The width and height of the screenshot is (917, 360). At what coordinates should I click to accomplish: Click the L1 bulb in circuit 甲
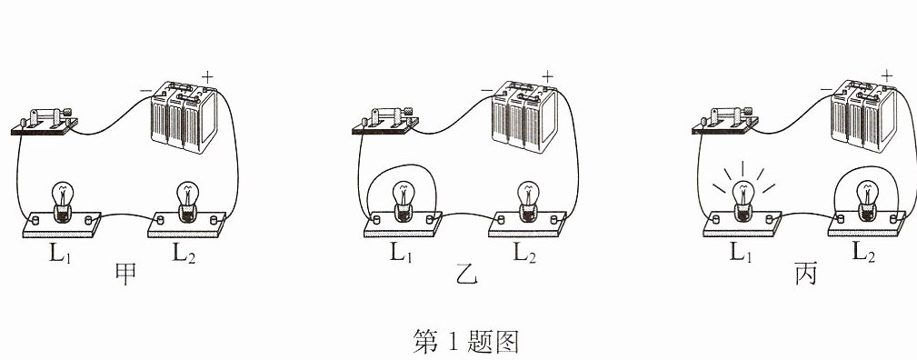point(62,202)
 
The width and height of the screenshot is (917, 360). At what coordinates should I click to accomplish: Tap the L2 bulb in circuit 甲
point(187,202)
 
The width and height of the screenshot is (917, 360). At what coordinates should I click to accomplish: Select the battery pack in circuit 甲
point(184,118)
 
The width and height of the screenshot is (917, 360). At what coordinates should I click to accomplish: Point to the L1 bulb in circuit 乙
point(403,202)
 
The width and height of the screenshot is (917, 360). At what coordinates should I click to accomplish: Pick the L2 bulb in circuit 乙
point(528,202)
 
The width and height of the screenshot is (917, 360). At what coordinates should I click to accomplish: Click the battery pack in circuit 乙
point(524,117)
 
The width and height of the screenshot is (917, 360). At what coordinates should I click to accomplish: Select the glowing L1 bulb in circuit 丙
point(743,202)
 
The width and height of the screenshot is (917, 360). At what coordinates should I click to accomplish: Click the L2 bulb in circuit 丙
point(868,202)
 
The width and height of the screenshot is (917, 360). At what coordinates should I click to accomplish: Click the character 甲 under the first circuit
point(126,274)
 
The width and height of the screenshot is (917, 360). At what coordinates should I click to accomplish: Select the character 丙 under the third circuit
point(806,274)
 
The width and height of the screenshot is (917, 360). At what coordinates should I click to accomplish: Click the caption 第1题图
point(466,341)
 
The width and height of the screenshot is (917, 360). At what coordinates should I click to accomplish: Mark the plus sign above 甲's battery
point(207,76)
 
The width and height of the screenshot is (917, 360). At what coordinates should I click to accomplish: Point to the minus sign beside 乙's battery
point(486,90)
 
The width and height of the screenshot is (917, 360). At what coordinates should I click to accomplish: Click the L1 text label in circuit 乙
point(401,252)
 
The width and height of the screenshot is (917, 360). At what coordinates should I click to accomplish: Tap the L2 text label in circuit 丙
point(863,252)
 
